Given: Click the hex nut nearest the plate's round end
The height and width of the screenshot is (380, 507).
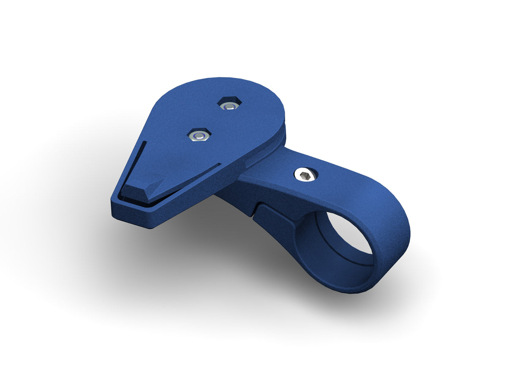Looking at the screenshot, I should pyautogui.click(x=229, y=104).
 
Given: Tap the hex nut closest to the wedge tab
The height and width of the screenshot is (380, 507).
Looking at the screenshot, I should pyautogui.click(x=198, y=135).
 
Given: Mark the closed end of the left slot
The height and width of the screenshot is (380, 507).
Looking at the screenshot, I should pyautogui.click(x=144, y=143).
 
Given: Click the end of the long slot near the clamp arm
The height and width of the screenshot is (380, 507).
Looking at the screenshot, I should pyautogui.click(x=220, y=164).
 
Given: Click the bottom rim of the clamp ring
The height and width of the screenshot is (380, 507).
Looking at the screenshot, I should pyautogui.click(x=346, y=289).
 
